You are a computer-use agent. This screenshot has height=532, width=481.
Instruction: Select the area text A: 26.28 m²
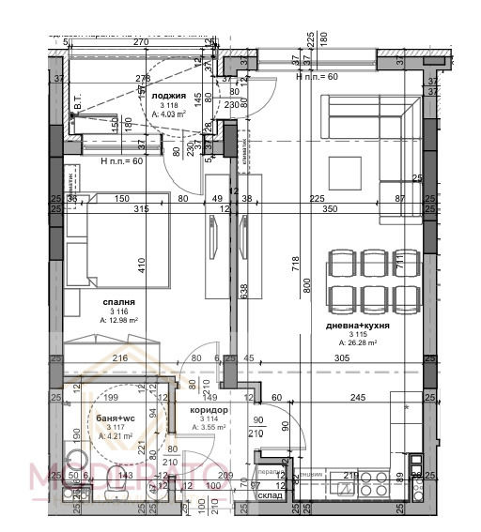click(x=359, y=342)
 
